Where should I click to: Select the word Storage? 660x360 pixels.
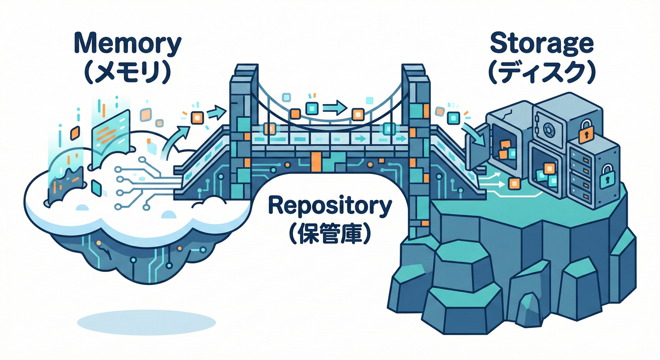click(x=542, y=45)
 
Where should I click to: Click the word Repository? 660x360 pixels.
click(x=330, y=206)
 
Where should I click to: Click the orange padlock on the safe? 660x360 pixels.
click(x=586, y=133)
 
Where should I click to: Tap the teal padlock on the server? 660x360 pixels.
click(x=608, y=174)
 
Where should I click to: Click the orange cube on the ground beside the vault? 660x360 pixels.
click(x=515, y=183)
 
